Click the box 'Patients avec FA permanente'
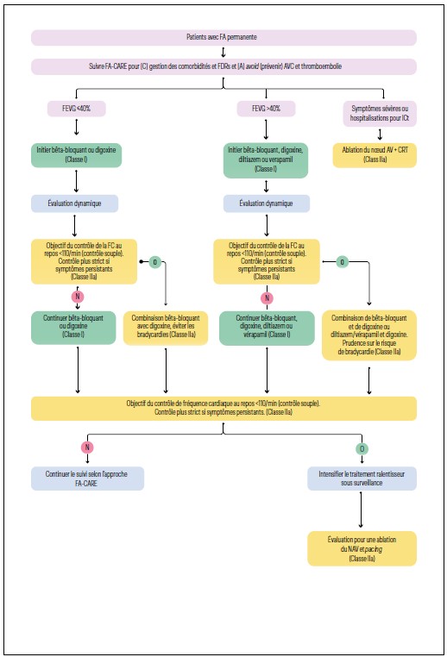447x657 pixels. pos(223,38)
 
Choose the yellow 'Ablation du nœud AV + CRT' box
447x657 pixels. pos(375,155)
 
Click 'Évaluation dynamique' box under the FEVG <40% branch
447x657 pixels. pos(74,203)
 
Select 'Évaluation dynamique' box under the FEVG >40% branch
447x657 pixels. pos(266,203)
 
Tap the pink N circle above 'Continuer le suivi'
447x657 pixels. pos(86,447)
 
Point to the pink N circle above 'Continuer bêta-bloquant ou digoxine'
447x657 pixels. pos(78,297)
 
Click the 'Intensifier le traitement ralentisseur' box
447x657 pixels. pos(362,479)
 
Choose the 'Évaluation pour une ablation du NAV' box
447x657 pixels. pos(362,547)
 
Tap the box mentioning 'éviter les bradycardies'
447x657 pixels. pos(166,328)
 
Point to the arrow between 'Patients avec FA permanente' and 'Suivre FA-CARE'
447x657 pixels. pos(223,52)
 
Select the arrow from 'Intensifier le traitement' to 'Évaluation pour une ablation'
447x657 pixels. pos(361,510)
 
